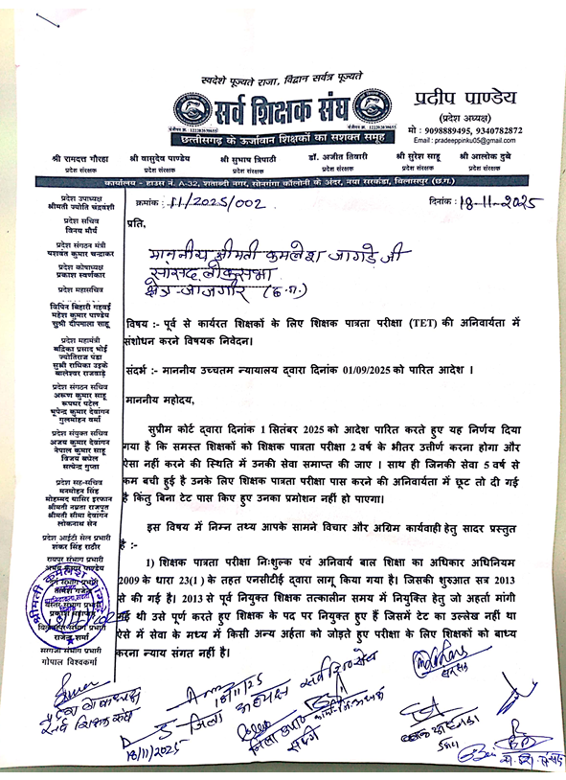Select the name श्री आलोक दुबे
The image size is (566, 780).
488,155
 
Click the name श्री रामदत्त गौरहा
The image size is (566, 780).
82,155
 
